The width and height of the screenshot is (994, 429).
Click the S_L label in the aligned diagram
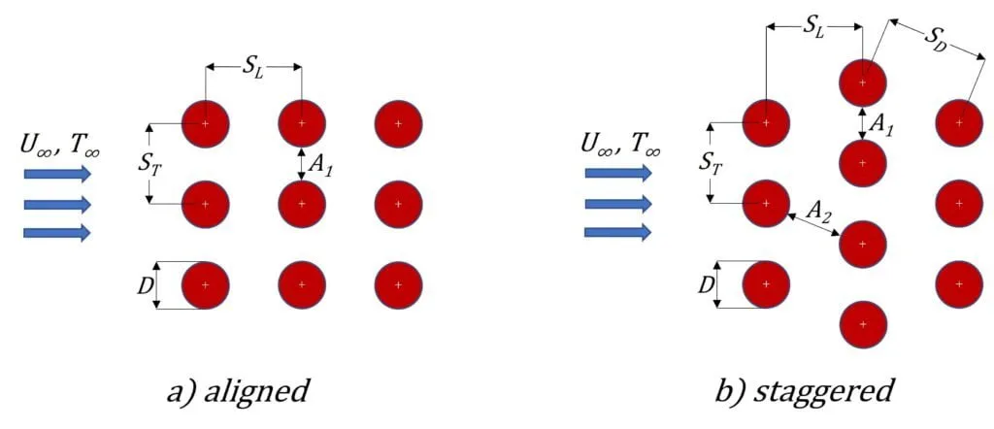[253, 69]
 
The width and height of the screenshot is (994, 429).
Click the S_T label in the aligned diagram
[149, 163]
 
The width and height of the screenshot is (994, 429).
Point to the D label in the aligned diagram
[144, 285]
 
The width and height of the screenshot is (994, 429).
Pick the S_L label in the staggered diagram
[813, 28]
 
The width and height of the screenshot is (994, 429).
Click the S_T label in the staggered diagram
[711, 163]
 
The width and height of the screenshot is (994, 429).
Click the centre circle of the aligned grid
[302, 204]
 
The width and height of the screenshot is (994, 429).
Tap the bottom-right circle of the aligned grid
[398, 285]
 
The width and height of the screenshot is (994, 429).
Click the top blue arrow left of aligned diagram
[57, 175]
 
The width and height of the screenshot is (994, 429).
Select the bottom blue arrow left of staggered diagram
[617, 232]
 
